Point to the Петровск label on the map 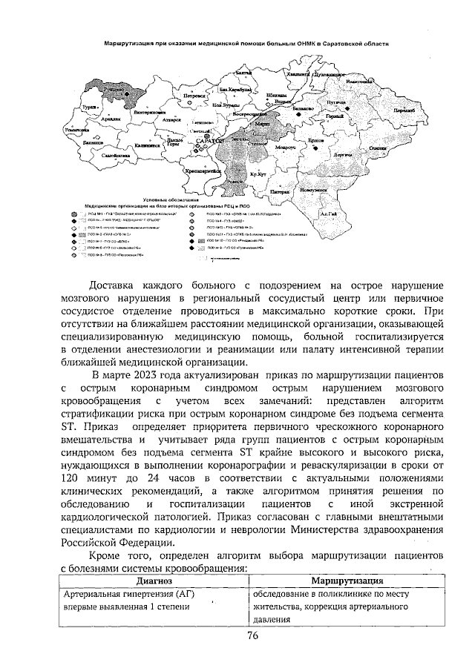point(194,96)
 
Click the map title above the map point(246,44)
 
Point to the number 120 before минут point(72,479)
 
